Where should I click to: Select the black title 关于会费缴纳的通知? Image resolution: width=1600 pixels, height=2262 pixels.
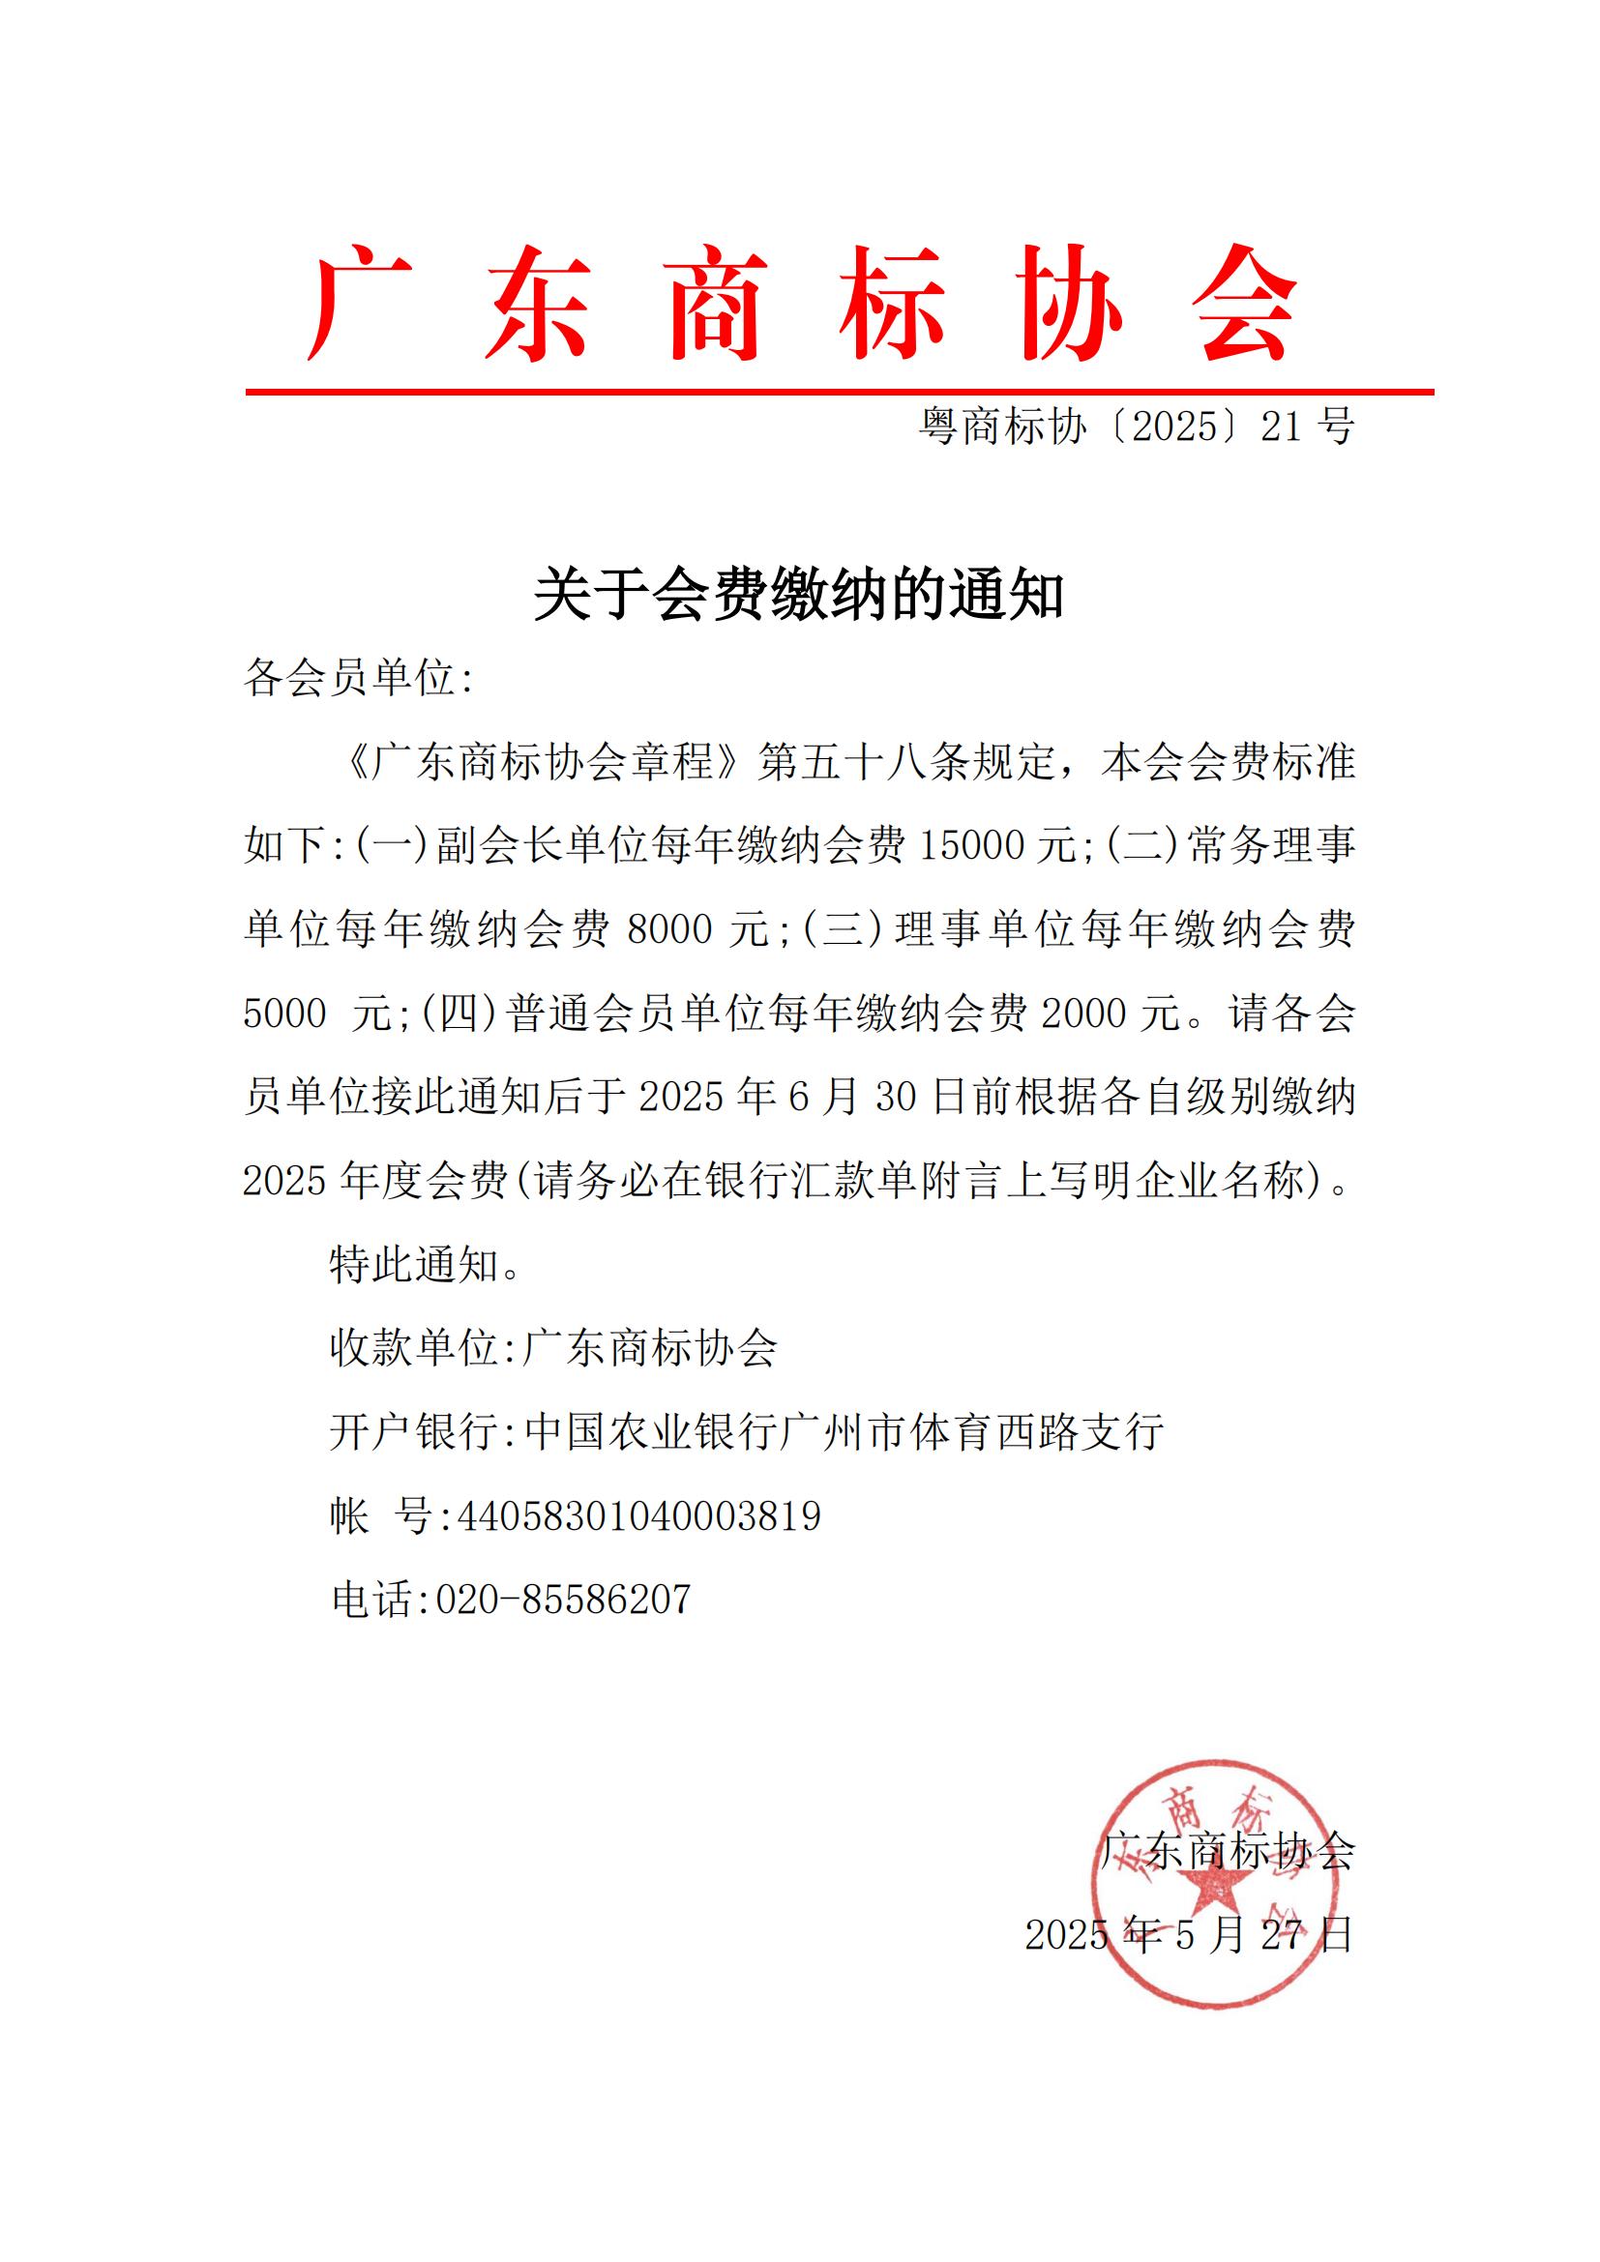799,595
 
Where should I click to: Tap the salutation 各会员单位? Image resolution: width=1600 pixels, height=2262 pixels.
350,679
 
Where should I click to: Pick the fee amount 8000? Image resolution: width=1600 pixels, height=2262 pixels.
669,929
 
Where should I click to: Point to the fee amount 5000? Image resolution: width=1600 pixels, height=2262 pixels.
284,1013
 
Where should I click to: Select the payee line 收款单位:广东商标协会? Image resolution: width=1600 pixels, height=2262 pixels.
553,1348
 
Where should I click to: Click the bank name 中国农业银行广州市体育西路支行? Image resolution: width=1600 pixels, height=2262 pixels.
844,1431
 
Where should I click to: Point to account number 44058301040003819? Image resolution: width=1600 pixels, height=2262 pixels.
639,1515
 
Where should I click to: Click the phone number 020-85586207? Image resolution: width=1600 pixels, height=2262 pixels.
564,1599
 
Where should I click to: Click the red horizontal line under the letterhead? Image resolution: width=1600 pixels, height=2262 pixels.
840,392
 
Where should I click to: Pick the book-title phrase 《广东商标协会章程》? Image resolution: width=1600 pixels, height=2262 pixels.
544,762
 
